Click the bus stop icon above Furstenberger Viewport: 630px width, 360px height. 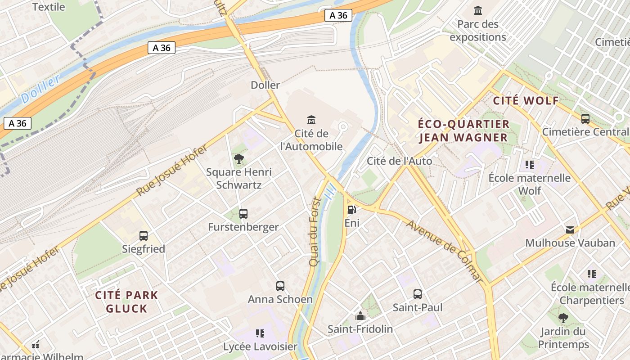(x=243, y=214)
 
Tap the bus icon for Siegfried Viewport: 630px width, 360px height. (x=144, y=235)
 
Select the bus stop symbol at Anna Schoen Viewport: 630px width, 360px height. (x=280, y=286)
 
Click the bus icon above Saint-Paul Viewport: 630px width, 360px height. (x=418, y=294)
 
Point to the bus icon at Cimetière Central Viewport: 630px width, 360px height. (x=585, y=119)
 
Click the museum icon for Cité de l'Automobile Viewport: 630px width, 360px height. (x=311, y=120)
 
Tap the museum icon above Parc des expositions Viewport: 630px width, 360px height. (x=478, y=10)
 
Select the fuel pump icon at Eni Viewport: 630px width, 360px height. (x=352, y=209)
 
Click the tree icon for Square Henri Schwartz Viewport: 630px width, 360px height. (x=239, y=158)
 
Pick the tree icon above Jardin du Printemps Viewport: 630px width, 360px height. (x=563, y=318)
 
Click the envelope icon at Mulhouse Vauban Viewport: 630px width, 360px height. (x=570, y=230)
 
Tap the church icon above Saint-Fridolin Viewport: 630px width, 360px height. (x=360, y=316)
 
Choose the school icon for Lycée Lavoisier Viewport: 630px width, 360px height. (x=260, y=333)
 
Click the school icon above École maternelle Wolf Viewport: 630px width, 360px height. (x=530, y=165)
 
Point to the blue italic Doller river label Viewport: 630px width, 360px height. (x=40, y=89)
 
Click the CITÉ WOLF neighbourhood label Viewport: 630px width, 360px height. (x=526, y=101)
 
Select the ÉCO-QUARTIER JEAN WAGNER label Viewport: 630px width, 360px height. (x=463, y=130)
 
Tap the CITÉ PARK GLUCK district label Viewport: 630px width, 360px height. (x=126, y=302)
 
